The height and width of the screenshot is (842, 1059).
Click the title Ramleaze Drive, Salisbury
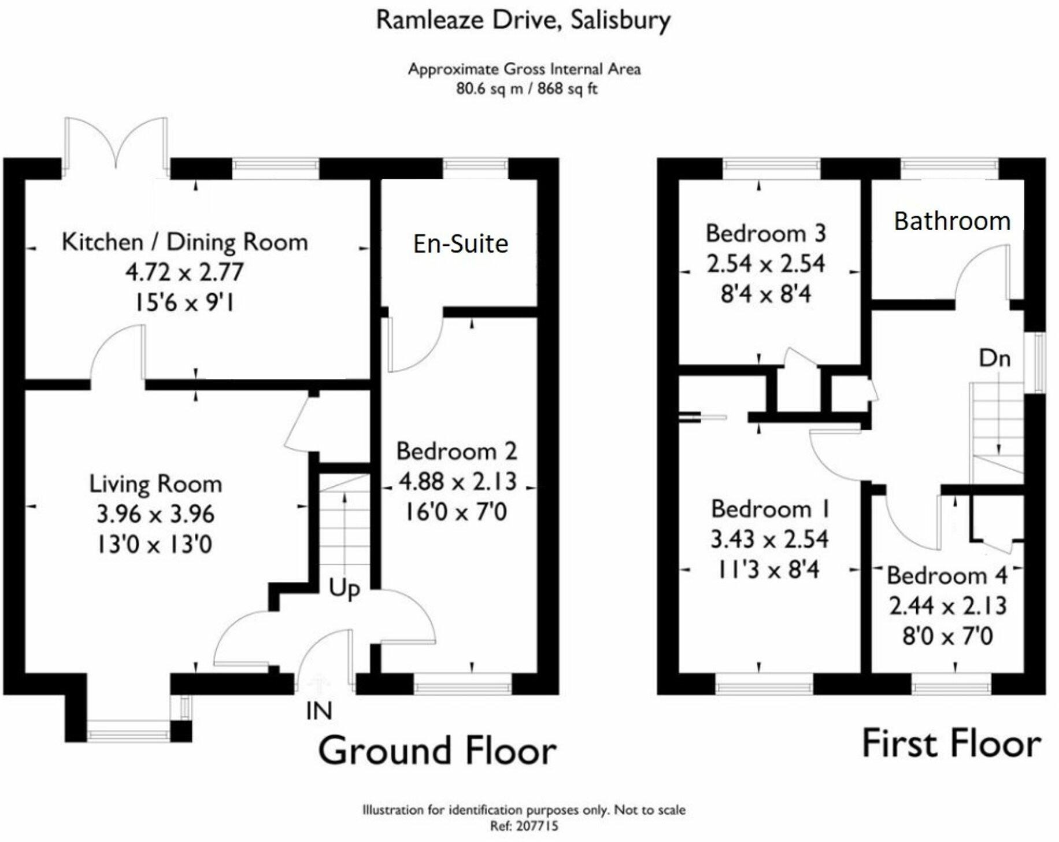click(523, 21)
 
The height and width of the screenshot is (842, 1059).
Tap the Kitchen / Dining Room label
click(184, 242)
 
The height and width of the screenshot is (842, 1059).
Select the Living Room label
click(155, 484)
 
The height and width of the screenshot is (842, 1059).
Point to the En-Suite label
click(461, 243)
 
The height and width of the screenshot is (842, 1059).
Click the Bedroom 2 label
click(457, 452)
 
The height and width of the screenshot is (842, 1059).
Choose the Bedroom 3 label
click(766, 234)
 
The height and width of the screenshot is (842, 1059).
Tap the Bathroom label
click(952, 221)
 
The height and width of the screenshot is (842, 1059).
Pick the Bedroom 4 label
click(947, 575)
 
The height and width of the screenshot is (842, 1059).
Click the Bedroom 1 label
click(771, 509)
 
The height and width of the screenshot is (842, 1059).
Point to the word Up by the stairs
click(345, 589)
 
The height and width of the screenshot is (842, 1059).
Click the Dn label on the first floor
click(994, 359)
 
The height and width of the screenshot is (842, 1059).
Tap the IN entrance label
click(319, 711)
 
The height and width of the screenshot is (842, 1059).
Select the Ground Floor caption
click(438, 751)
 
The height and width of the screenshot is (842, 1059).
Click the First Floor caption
click(951, 744)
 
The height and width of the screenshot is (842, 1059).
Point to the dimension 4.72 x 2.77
click(184, 272)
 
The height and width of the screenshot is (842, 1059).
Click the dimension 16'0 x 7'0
click(457, 512)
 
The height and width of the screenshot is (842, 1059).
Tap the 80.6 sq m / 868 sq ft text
click(526, 89)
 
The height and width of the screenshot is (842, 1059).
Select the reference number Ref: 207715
click(524, 826)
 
